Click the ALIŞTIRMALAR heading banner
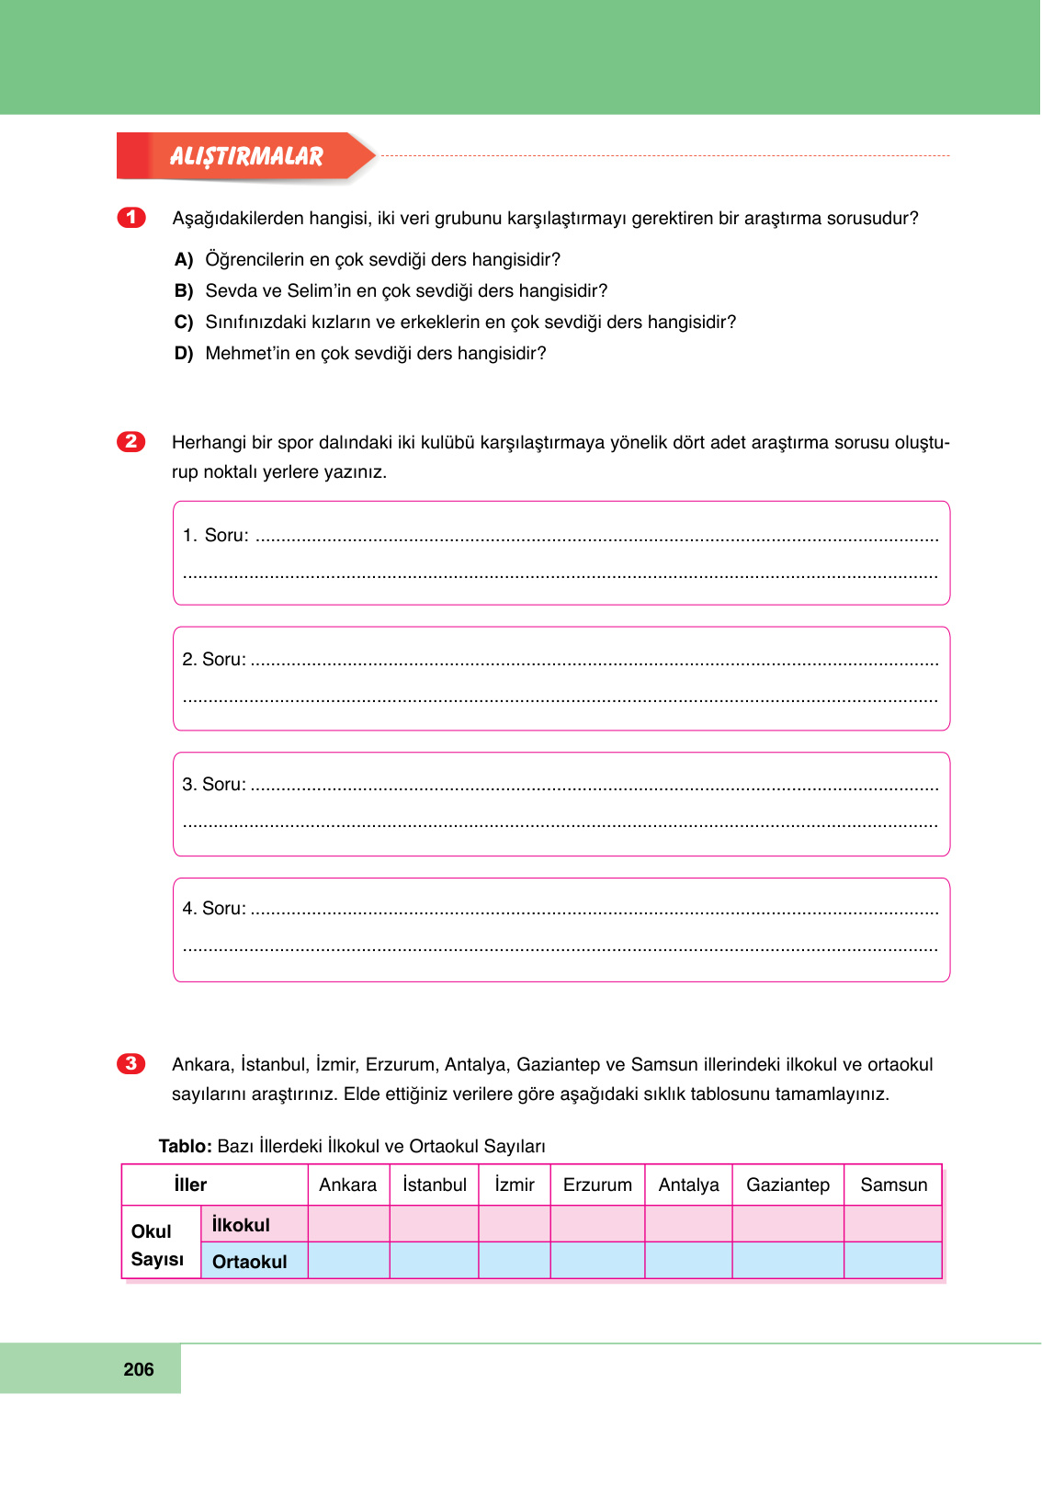pos(246,156)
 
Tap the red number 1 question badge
pos(131,217)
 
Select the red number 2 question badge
pos(131,441)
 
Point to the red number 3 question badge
pos(131,1063)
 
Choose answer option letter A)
pos(184,260)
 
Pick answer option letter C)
pos(184,323)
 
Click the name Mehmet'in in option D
pos(247,354)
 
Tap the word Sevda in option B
pos(230,291)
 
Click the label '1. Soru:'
pos(215,536)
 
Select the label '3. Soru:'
pos(213,785)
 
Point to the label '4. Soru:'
pos(213,909)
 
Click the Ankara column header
pos(347,1185)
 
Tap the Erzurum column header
pos(597,1185)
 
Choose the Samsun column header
pos(893,1185)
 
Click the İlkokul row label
pos(241,1225)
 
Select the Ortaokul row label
pos(249,1262)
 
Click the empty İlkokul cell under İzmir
pos(514,1224)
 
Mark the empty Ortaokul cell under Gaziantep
pos(787,1261)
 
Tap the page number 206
pos(139,1369)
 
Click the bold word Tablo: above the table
pos(186,1146)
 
